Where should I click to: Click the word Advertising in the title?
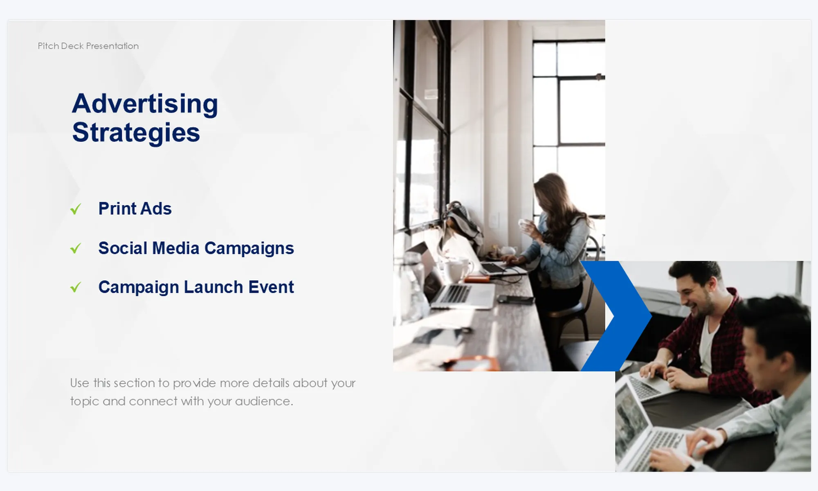pos(145,104)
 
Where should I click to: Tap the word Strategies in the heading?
pos(136,133)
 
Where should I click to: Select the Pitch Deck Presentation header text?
pos(88,46)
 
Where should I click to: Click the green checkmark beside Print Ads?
pos(76,209)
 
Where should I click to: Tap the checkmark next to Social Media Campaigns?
pos(76,248)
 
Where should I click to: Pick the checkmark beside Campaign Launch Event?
pos(76,287)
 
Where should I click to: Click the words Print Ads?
pos(135,209)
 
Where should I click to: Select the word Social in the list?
pos(123,248)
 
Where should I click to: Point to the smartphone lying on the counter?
pos(515,300)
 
